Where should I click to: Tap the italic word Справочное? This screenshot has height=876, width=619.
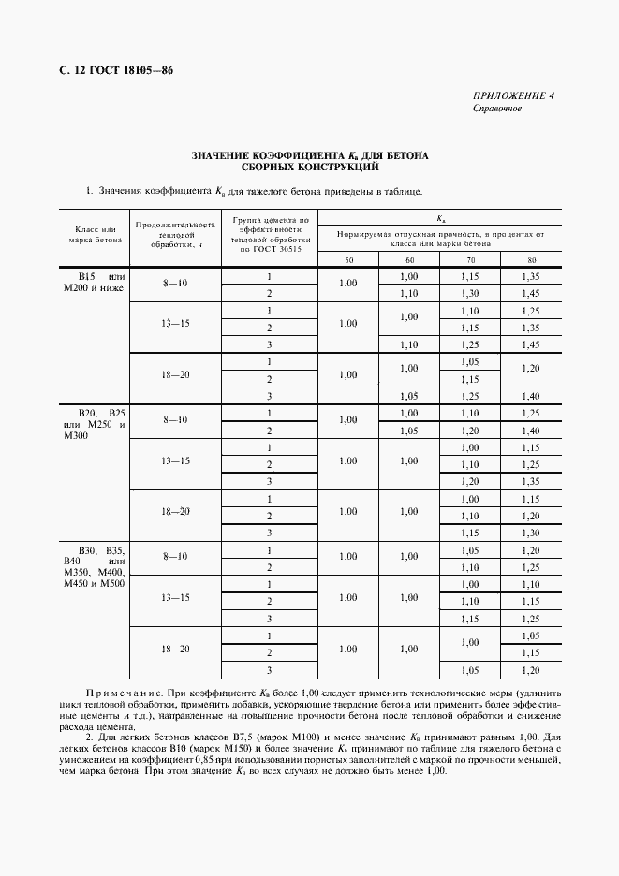497,109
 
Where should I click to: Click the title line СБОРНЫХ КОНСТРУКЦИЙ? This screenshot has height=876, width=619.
309,168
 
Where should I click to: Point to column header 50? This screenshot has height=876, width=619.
349,259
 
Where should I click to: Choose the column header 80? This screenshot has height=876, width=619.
531,259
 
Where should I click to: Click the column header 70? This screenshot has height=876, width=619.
470,259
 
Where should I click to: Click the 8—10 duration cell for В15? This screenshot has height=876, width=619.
174,285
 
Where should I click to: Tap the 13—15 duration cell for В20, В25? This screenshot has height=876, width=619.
174,460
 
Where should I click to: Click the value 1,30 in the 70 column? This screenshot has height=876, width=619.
470,293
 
